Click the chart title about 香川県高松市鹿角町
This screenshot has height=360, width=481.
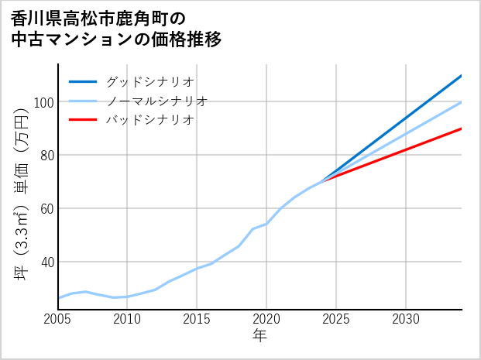[116, 29]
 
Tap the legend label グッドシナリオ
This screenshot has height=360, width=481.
[149, 81]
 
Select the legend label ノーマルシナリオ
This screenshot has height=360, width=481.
[156, 101]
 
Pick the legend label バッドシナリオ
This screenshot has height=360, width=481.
[149, 120]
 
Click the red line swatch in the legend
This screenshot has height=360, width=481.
[83, 120]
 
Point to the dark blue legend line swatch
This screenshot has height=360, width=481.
[83, 81]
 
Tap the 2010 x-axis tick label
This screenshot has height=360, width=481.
[127, 319]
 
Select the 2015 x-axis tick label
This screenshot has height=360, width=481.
[197, 319]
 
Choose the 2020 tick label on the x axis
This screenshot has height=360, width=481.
[266, 319]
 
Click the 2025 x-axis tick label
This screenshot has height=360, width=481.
[336, 319]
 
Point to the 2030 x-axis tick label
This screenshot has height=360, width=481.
[406, 319]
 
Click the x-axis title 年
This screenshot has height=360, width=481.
[259, 336]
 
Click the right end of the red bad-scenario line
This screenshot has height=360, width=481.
[461, 129]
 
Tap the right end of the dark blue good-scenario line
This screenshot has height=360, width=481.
[461, 76]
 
